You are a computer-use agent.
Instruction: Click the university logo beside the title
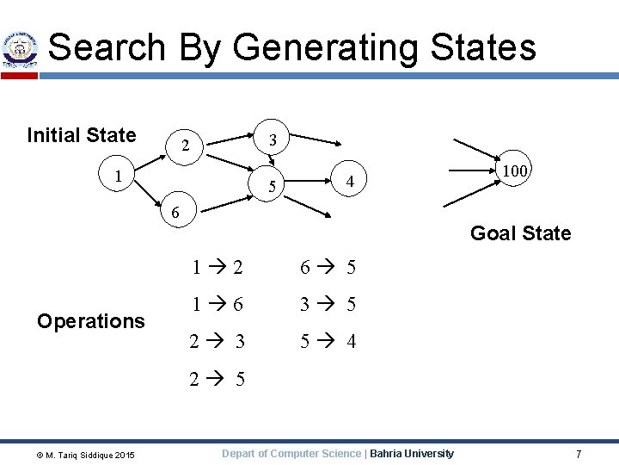[x=19, y=49]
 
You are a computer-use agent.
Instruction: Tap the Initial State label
[x=82, y=135]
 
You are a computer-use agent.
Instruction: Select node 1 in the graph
[x=119, y=176]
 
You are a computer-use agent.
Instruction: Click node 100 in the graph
[x=515, y=171]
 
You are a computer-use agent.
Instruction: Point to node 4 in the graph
[x=349, y=181]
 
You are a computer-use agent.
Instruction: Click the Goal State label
[x=520, y=233]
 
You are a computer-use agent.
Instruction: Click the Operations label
[x=91, y=321]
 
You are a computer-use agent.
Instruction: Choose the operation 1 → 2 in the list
[x=218, y=267]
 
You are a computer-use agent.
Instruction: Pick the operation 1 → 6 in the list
[x=218, y=304]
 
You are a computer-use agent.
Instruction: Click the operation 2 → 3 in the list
[x=218, y=342]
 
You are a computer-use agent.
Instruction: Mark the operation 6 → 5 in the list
[x=328, y=267]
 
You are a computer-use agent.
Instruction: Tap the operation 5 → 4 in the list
[x=328, y=342]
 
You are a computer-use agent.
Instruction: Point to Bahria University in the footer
[x=412, y=454]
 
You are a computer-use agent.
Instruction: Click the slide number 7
[x=579, y=454]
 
